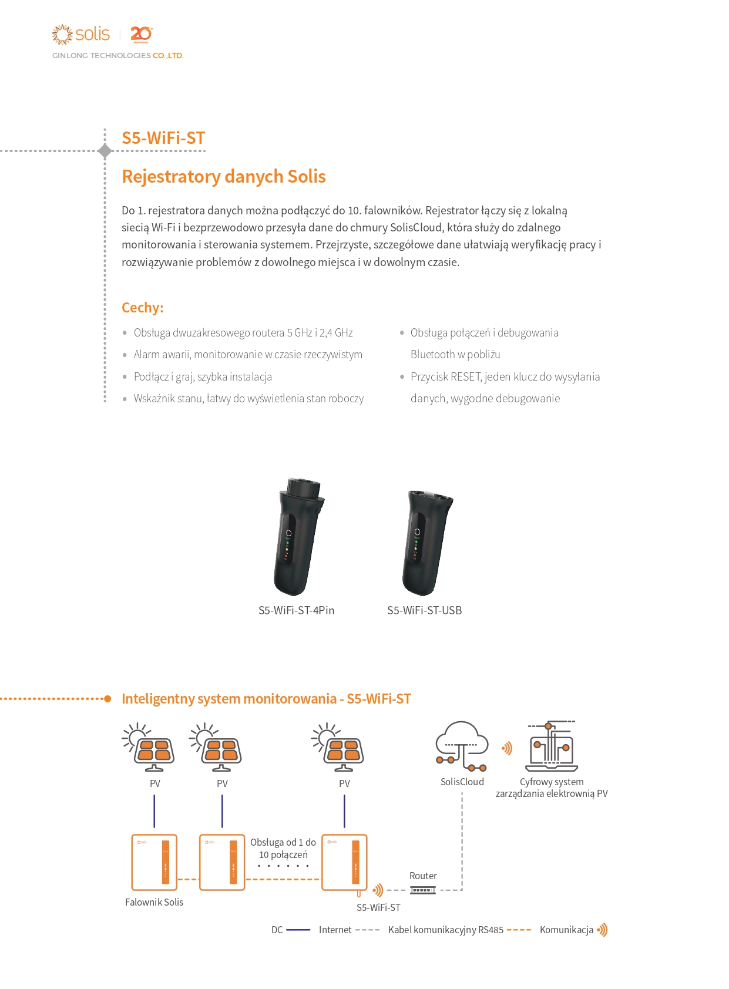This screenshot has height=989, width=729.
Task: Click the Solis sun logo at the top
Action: [62, 34]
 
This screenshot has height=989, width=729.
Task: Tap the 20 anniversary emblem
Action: [141, 34]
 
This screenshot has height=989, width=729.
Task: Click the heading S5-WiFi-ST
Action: [163, 138]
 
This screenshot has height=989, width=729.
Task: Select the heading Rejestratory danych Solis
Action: [223, 176]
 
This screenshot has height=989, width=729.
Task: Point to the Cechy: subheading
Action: [143, 308]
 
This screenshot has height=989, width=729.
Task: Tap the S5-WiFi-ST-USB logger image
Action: [426, 541]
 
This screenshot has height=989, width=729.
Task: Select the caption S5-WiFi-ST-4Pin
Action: [297, 611]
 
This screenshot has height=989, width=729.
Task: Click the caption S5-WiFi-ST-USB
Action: [425, 611]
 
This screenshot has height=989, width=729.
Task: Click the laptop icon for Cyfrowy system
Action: [551, 747]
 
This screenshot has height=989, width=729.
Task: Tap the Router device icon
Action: [423, 890]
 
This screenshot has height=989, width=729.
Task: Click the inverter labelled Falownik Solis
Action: [154, 862]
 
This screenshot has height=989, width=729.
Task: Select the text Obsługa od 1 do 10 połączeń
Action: [283, 849]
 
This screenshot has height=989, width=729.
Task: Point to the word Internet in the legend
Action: [335, 930]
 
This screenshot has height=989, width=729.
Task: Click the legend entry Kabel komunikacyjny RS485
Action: [446, 930]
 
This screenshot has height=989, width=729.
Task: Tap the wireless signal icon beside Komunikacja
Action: [602, 930]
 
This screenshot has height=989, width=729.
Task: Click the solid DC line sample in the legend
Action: [298, 930]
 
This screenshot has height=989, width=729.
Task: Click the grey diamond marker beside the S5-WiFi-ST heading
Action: [105, 151]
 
